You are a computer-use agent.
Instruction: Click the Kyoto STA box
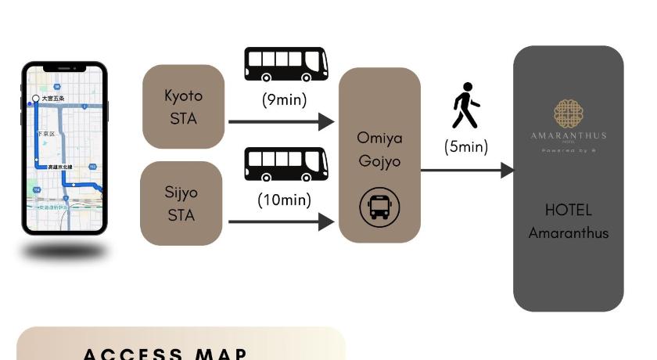183,106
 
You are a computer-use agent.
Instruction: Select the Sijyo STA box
181,203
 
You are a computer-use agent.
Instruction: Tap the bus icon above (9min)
286,64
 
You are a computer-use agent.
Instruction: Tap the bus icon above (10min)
286,164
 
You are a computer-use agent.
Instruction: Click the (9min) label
284,100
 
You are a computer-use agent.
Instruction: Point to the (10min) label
285,200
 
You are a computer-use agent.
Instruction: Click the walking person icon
465,106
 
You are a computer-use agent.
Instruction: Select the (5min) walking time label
466,146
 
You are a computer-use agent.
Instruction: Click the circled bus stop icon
379,207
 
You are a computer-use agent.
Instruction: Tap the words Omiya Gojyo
379,149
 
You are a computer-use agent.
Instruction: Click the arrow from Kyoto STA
282,121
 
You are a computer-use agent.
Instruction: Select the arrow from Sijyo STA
282,221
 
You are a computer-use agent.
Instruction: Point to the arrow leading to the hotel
468,170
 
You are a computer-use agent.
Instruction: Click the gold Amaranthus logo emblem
569,113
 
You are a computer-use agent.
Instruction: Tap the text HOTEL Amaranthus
569,221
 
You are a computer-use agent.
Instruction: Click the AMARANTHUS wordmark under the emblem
569,135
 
